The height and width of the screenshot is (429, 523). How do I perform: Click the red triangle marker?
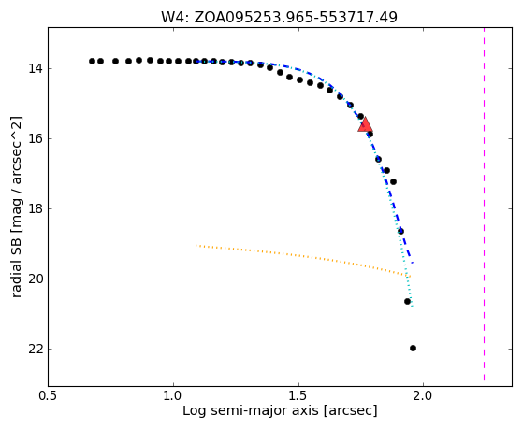pyautogui.click(x=365, y=124)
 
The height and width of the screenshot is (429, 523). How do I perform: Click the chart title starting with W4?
pyautogui.click(x=279, y=17)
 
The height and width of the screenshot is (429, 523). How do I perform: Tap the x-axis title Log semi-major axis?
pyautogui.click(x=280, y=410)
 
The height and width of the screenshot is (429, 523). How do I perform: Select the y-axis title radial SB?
pyautogui.click(x=16, y=207)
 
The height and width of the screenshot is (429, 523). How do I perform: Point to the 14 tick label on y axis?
pyautogui.click(x=36, y=69)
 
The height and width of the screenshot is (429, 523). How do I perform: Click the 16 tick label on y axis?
pyautogui.click(x=36, y=139)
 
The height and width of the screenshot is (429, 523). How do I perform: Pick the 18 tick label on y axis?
pyautogui.click(x=36, y=209)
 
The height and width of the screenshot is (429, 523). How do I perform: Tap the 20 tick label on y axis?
pyautogui.click(x=36, y=279)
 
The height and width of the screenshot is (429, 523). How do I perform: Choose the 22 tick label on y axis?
pyautogui.click(x=36, y=350)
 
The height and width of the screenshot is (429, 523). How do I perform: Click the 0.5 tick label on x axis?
pyautogui.click(x=49, y=396)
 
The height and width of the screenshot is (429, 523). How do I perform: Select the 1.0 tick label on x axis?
pyautogui.click(x=173, y=396)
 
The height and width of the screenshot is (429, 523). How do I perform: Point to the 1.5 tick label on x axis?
pyautogui.click(x=298, y=396)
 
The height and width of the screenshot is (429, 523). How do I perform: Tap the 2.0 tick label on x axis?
pyautogui.click(x=423, y=396)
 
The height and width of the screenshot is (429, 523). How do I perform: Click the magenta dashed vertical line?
pyautogui.click(x=484, y=204)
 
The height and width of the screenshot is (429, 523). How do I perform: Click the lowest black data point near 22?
pyautogui.click(x=413, y=348)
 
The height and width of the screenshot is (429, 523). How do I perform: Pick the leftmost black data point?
pyautogui.click(x=92, y=61)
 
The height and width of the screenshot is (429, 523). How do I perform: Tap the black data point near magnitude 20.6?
pyautogui.click(x=407, y=301)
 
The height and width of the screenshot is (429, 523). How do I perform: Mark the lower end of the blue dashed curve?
pyautogui.click(x=413, y=263)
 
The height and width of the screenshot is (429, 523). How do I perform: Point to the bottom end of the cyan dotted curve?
pyautogui.click(x=413, y=306)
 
